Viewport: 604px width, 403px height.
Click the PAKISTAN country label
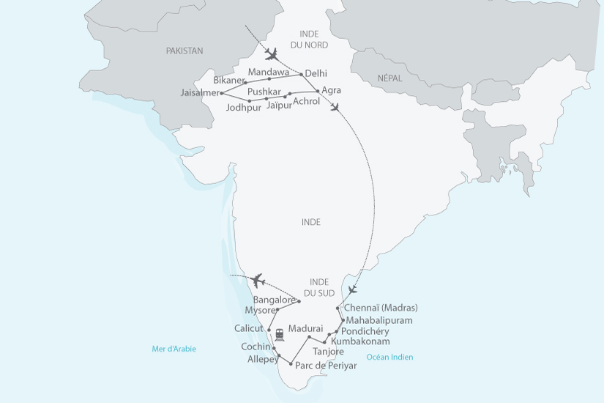coord(184,51)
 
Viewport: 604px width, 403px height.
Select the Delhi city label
coord(316,73)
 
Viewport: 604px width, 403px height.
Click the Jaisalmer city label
coord(199,93)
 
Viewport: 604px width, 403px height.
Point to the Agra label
coord(331,91)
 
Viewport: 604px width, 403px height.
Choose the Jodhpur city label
coord(244,108)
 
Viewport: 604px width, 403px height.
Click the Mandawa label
coord(269,71)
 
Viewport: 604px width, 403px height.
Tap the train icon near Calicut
coord(280,334)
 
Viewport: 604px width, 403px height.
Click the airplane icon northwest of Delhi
coord(272,54)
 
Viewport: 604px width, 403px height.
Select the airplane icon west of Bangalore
coord(256,280)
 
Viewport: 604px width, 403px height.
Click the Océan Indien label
coord(389,358)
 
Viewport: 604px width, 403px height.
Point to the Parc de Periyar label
coord(326,366)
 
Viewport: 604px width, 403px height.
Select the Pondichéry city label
coord(365,331)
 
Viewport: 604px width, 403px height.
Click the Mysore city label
coord(259,310)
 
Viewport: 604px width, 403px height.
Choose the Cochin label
coord(256,347)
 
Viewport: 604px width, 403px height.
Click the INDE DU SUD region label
coord(319,287)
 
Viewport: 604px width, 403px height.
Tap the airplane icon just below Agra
coord(335,108)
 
